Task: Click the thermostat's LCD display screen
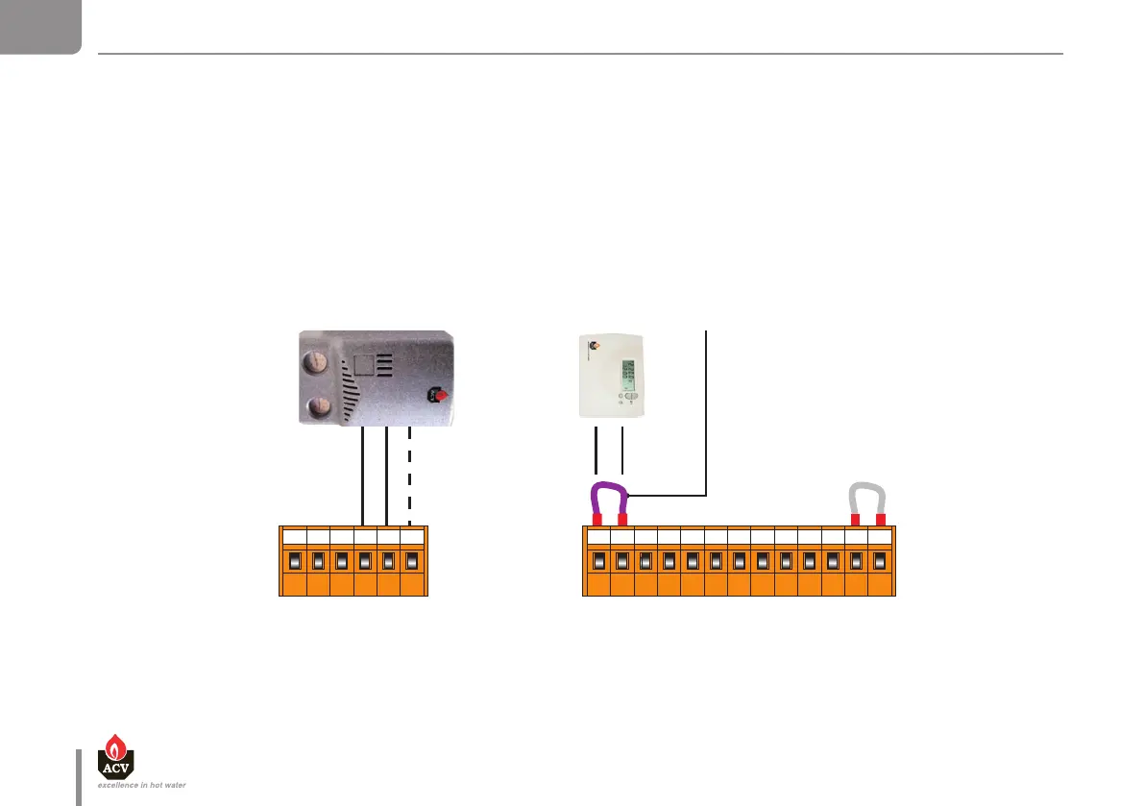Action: coord(629,372)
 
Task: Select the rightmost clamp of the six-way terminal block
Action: coord(412,560)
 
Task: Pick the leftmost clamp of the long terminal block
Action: coord(598,560)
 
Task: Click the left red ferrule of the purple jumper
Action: coord(596,520)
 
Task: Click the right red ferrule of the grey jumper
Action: coord(881,520)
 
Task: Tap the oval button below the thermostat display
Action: coord(630,396)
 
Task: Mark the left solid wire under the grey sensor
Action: coord(362,476)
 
